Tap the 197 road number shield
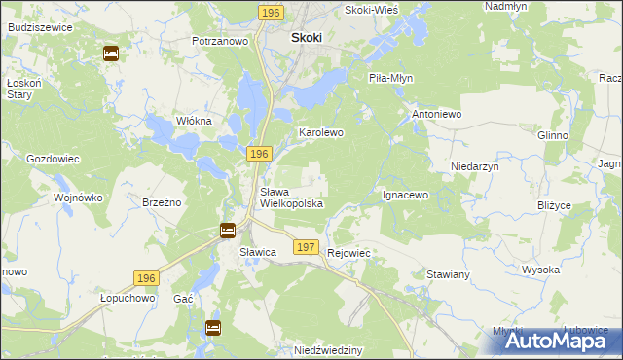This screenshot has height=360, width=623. [306, 247]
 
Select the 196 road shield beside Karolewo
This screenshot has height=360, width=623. [258, 155]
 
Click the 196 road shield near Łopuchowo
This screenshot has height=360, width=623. [146, 278]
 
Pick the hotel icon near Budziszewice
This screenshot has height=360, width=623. [112, 53]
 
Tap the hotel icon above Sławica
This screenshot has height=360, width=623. [228, 231]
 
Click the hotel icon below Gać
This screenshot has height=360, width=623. [212, 327]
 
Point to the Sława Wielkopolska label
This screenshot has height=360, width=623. [291, 198]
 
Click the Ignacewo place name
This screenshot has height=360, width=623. [405, 195]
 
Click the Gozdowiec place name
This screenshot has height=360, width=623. [53, 158]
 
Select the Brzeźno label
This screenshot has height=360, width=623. [163, 202]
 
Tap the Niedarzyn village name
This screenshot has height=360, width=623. [474, 166]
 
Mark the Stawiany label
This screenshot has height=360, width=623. [449, 274]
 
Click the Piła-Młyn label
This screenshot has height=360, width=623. [393, 79]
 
